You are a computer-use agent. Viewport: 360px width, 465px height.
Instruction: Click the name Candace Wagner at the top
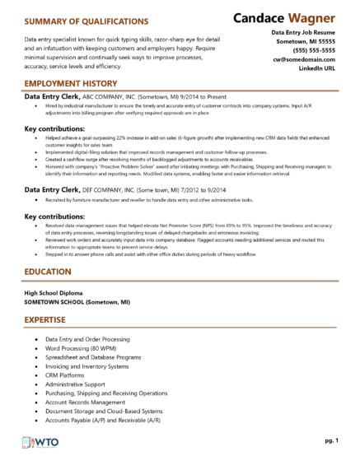pos(285,18)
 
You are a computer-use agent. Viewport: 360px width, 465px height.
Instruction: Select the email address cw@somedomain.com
pos(308,58)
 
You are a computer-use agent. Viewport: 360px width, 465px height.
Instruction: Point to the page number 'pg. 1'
pos(332,441)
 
